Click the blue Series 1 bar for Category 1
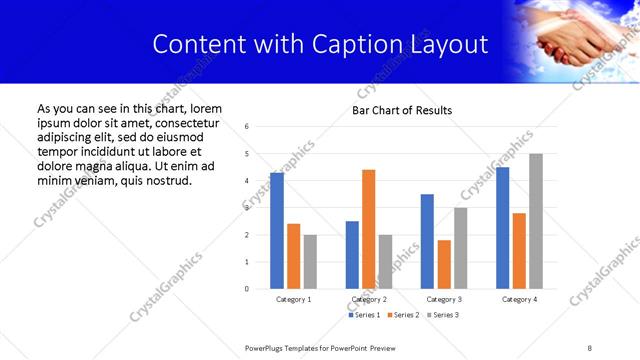(277, 231)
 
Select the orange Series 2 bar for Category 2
(368, 229)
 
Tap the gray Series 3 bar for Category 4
(536, 221)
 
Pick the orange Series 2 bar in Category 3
(444, 264)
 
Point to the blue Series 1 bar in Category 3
(427, 241)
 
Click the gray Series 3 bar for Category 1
(310, 262)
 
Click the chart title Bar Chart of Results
(402, 110)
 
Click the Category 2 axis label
(369, 299)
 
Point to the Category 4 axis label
(519, 299)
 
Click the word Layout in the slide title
(454, 45)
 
